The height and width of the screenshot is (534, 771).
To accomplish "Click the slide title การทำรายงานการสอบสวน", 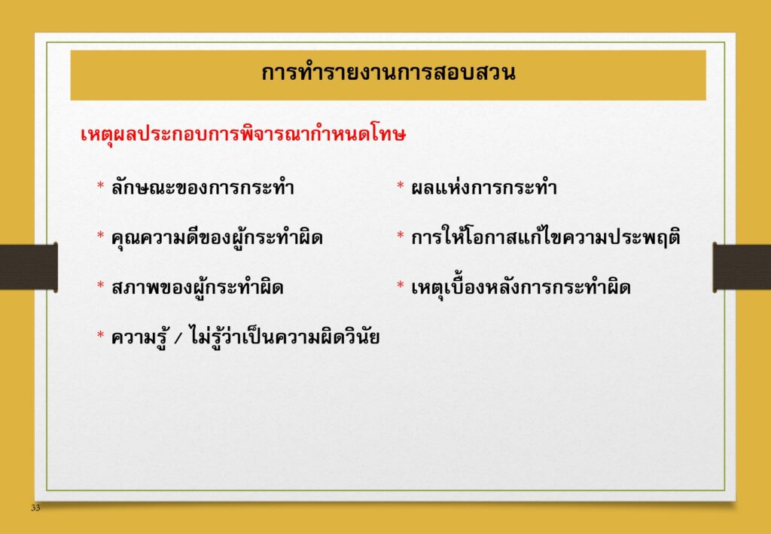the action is coord(388,73).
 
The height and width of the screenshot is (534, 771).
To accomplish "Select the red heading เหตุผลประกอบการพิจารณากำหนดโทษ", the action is coord(243,134).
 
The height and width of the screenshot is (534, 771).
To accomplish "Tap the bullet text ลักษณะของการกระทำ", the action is coord(203,188).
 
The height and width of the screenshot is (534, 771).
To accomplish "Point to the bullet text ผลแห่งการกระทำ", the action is coord(484,188).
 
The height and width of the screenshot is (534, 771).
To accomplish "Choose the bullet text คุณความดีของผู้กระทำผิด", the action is coord(217,237).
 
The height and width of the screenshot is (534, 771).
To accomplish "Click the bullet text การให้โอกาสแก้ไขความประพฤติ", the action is coord(546,237).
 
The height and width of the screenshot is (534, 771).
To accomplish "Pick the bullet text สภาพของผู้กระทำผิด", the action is coord(197,287).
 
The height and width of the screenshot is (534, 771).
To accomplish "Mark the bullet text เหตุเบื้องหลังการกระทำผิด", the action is coord(521,287).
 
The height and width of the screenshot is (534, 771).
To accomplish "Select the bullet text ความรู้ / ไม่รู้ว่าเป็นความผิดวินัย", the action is coord(245,337).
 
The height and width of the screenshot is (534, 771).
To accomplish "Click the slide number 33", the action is coord(35,508).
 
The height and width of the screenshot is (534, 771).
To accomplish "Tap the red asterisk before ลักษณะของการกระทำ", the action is coord(100,186).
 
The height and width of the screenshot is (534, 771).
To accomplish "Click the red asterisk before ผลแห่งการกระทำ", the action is coord(401,186).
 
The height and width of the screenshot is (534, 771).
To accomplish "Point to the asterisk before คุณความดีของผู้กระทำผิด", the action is coord(100,236).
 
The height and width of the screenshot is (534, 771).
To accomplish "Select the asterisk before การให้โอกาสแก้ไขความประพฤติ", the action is coord(401,236).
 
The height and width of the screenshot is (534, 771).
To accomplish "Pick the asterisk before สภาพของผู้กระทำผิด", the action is coord(100,285).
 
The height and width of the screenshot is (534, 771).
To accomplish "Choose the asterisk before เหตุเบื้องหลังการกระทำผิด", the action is coord(401,285).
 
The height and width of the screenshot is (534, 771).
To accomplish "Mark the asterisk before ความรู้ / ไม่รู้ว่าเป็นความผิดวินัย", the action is coord(100,335).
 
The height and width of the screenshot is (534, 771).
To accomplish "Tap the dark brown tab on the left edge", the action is coord(29,267).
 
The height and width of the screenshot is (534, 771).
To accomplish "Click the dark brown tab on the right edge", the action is coord(742,267).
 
